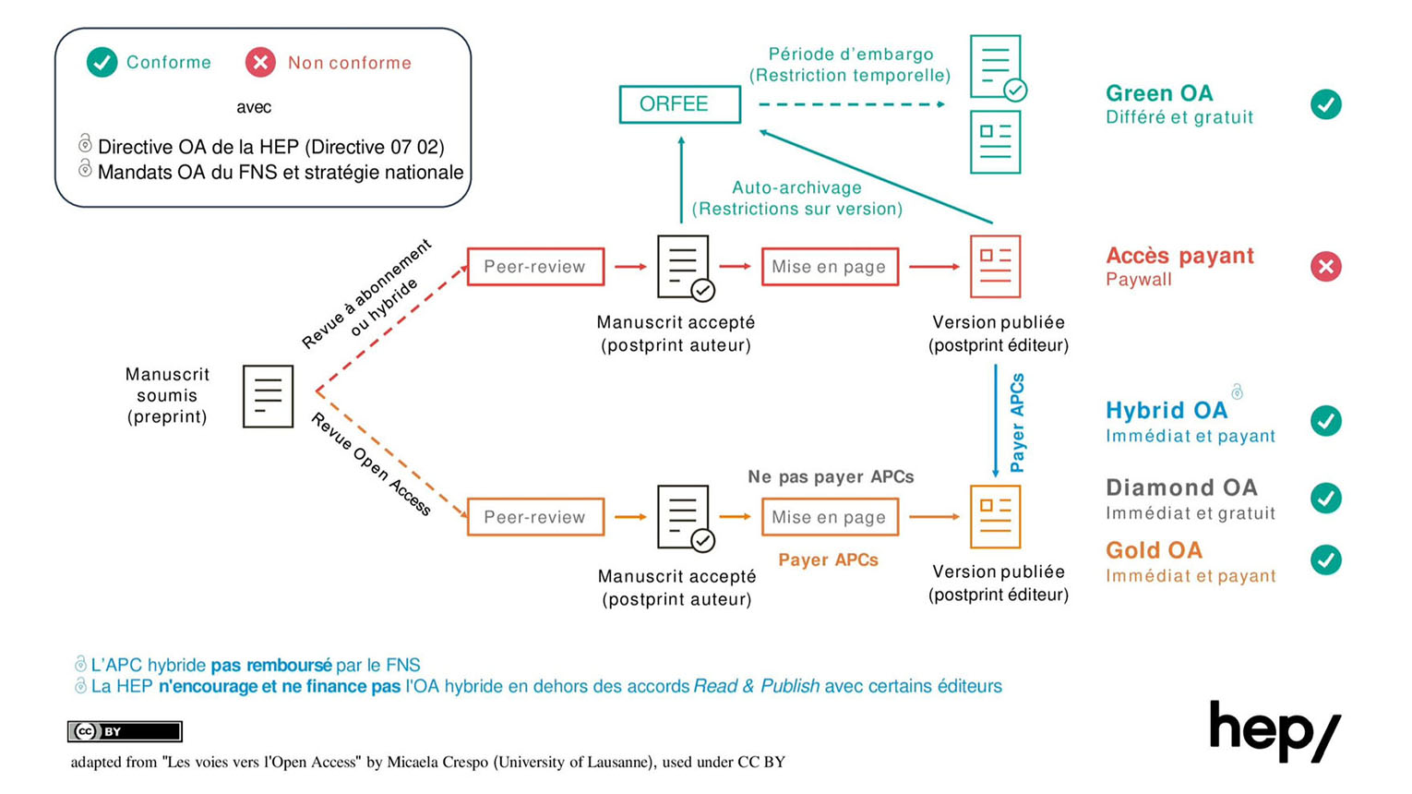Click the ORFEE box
coord(679,104)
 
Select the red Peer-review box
coord(535,267)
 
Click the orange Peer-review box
coord(535,517)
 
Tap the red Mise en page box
coord(829,267)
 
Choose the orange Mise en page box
coord(829,517)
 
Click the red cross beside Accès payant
coord(1325,267)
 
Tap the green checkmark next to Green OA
coord(1325,104)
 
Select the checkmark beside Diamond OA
coord(1325,498)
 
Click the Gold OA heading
coord(1154,550)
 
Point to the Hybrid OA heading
coord(1167,410)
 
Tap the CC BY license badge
coord(125,731)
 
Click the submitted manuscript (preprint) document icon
coord(268,396)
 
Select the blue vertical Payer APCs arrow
coord(995,421)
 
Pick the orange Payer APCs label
coord(828,559)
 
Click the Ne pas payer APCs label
coord(831,476)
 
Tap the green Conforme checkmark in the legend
coord(102,63)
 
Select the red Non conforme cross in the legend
coord(260,63)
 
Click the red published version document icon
coord(995,267)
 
